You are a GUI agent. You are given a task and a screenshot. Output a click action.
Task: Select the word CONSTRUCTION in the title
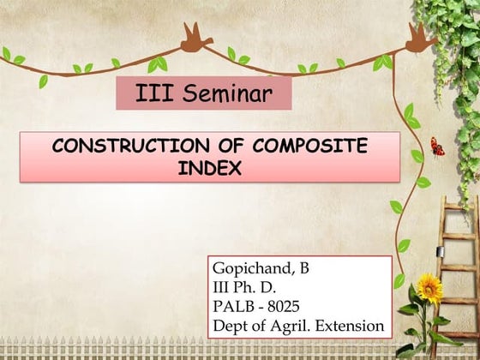[x=121, y=147]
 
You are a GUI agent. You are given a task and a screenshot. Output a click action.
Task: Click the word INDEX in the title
[x=209, y=168]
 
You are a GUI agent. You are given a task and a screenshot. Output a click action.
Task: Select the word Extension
[x=351, y=326]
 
